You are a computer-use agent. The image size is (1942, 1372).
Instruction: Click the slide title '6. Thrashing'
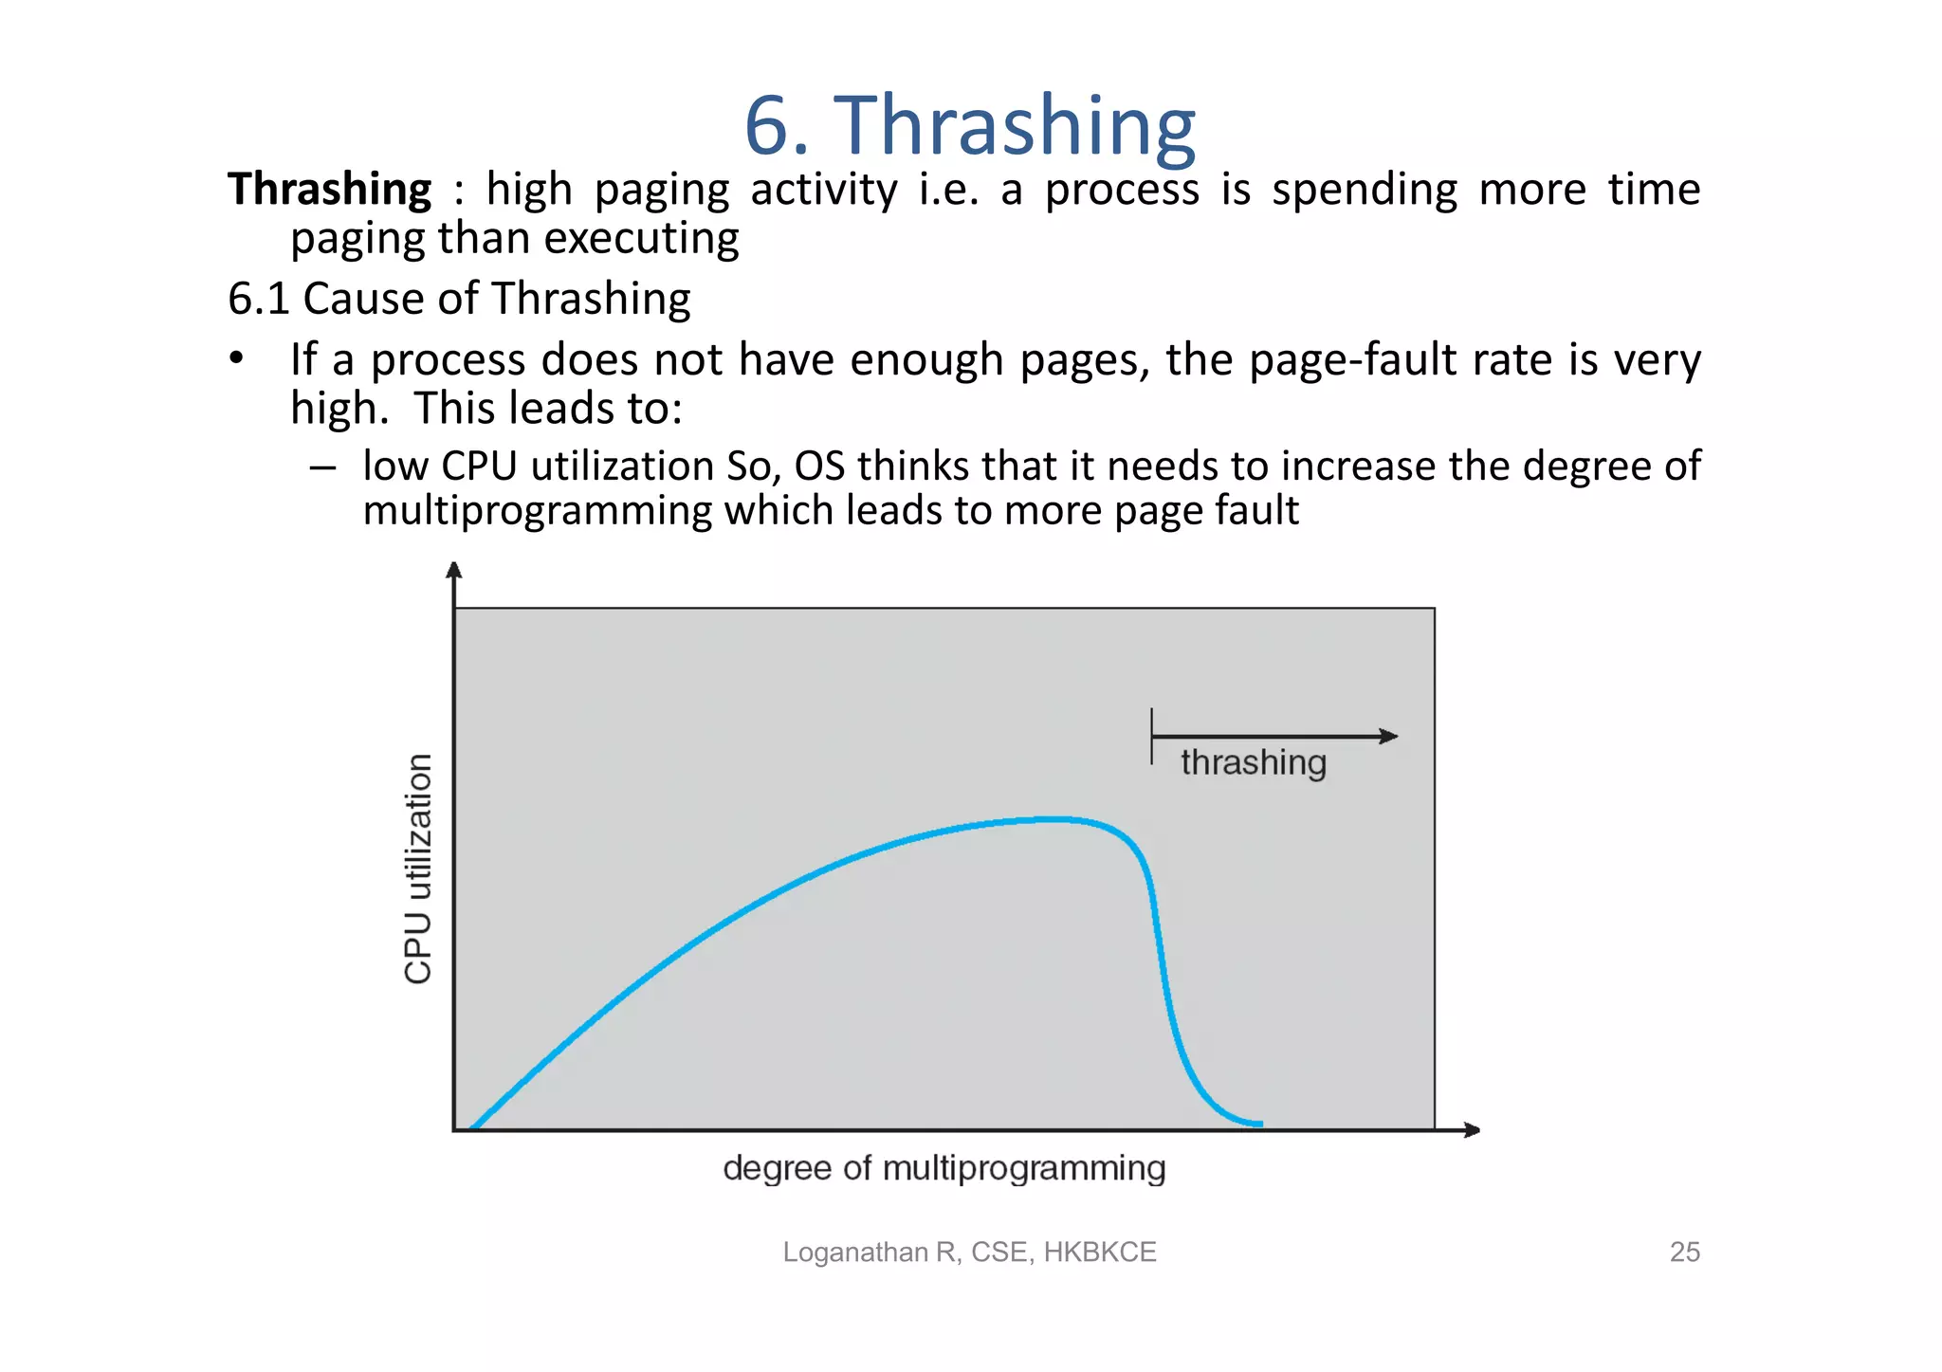[x=969, y=125]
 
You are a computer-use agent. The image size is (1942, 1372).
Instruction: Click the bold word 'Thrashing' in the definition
[x=330, y=189]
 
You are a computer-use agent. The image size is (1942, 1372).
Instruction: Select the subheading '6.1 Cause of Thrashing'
[x=459, y=299]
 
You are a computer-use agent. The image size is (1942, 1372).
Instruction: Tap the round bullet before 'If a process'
[x=236, y=359]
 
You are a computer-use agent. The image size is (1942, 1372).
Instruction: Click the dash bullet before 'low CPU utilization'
[x=322, y=466]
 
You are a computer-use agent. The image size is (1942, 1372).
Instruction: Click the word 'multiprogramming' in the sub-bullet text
[x=538, y=511]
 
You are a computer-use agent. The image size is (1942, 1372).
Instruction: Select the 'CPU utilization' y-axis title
[x=418, y=869]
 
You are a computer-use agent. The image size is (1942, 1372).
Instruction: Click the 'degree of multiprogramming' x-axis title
[x=944, y=1168]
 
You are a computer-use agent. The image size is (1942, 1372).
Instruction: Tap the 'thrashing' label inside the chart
[x=1253, y=762]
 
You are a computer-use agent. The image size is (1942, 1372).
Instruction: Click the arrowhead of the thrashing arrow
[x=1389, y=736]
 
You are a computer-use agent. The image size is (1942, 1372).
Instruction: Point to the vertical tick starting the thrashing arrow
[x=1152, y=736]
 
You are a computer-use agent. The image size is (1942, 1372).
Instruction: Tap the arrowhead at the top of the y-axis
[x=454, y=570]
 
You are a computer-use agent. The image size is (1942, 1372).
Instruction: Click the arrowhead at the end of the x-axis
[x=1472, y=1130]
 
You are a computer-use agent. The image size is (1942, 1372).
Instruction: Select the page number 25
[x=1684, y=1253]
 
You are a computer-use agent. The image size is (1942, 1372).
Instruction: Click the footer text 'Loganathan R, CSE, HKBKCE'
[x=969, y=1253]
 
